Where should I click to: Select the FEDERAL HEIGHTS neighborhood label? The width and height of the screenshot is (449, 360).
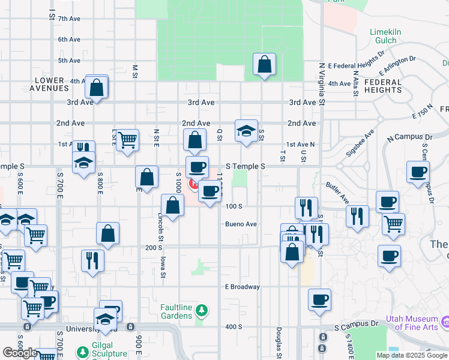point(382,86)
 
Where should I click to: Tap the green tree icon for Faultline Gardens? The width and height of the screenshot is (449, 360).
point(203,310)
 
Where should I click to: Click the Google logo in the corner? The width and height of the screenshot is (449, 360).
point(19,353)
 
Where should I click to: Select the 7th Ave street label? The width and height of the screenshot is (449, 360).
point(69,19)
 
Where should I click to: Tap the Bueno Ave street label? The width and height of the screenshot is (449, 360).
point(241,224)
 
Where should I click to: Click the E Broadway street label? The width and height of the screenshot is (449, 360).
point(243,287)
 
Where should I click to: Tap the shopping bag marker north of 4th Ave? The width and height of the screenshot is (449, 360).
point(264,65)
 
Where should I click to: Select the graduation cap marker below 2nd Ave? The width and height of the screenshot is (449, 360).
point(246,132)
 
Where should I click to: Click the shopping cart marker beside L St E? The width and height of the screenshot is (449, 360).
point(127,141)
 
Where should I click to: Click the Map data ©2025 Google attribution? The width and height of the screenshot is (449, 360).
point(411,355)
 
